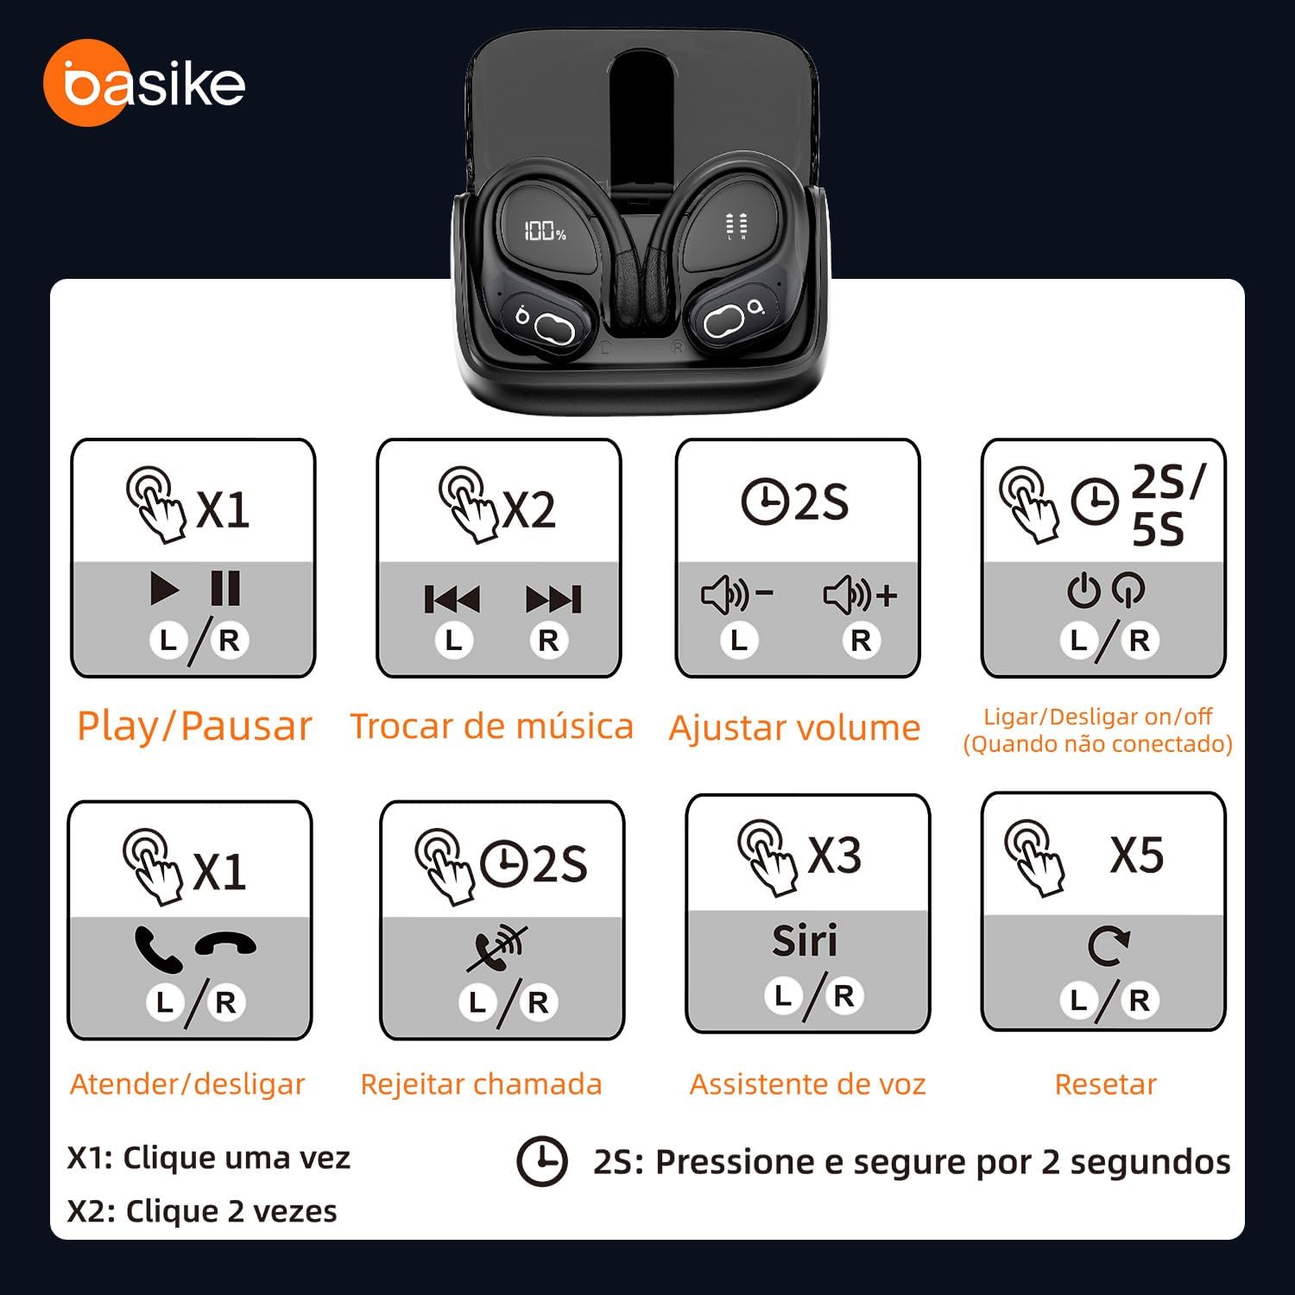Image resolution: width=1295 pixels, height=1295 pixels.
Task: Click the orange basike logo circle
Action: (x=85, y=83)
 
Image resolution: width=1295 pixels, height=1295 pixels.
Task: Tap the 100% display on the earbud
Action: (x=545, y=231)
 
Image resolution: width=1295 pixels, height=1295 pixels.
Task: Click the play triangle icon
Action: (x=165, y=589)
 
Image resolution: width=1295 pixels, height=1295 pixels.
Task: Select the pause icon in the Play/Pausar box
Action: (x=225, y=589)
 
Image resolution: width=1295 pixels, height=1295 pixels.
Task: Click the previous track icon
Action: (x=452, y=598)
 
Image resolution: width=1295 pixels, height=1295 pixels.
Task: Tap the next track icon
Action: (x=553, y=598)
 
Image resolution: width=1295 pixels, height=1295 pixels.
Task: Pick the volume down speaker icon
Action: (x=737, y=595)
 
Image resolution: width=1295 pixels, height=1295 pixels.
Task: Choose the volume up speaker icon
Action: (x=861, y=595)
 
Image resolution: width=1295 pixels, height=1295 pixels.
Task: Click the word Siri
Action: (x=805, y=940)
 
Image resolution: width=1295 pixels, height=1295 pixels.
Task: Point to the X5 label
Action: (x=1137, y=855)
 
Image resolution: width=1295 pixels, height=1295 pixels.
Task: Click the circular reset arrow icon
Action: (x=1109, y=947)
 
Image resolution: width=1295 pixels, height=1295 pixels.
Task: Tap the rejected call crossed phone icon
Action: (x=498, y=948)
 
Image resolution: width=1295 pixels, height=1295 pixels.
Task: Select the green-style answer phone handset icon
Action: (x=158, y=949)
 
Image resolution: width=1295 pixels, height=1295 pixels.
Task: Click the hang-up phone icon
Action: (x=225, y=944)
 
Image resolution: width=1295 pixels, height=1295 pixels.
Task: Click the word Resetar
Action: (x=1105, y=1083)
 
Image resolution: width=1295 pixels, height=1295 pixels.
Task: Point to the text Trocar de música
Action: (x=491, y=726)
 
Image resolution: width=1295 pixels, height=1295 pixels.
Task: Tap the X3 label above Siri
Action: (x=834, y=855)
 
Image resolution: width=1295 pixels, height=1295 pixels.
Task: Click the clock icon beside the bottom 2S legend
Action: (x=542, y=1162)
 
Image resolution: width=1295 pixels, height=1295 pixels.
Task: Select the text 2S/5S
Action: (x=1167, y=506)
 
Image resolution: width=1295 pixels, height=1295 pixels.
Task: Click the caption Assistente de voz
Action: (x=807, y=1083)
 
